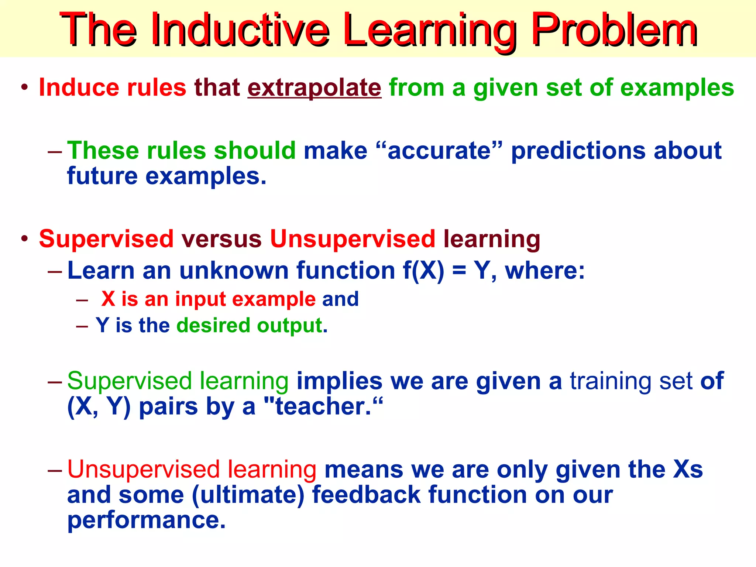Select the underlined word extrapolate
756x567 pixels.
pos(314,88)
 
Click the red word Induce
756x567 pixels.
pos(79,88)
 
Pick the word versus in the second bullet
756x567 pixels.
pos(221,239)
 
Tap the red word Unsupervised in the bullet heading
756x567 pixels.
pos(353,239)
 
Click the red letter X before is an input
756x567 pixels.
pos(108,299)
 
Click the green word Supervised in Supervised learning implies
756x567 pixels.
pos(129,381)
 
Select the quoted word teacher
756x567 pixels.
pos(323,407)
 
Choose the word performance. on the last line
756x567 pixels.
pos(146,520)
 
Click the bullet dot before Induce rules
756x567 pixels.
pos(24,88)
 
